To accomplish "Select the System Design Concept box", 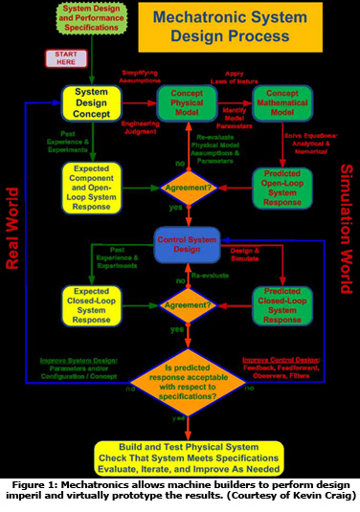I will [x=91, y=100].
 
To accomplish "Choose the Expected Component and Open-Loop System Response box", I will [x=91, y=182].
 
